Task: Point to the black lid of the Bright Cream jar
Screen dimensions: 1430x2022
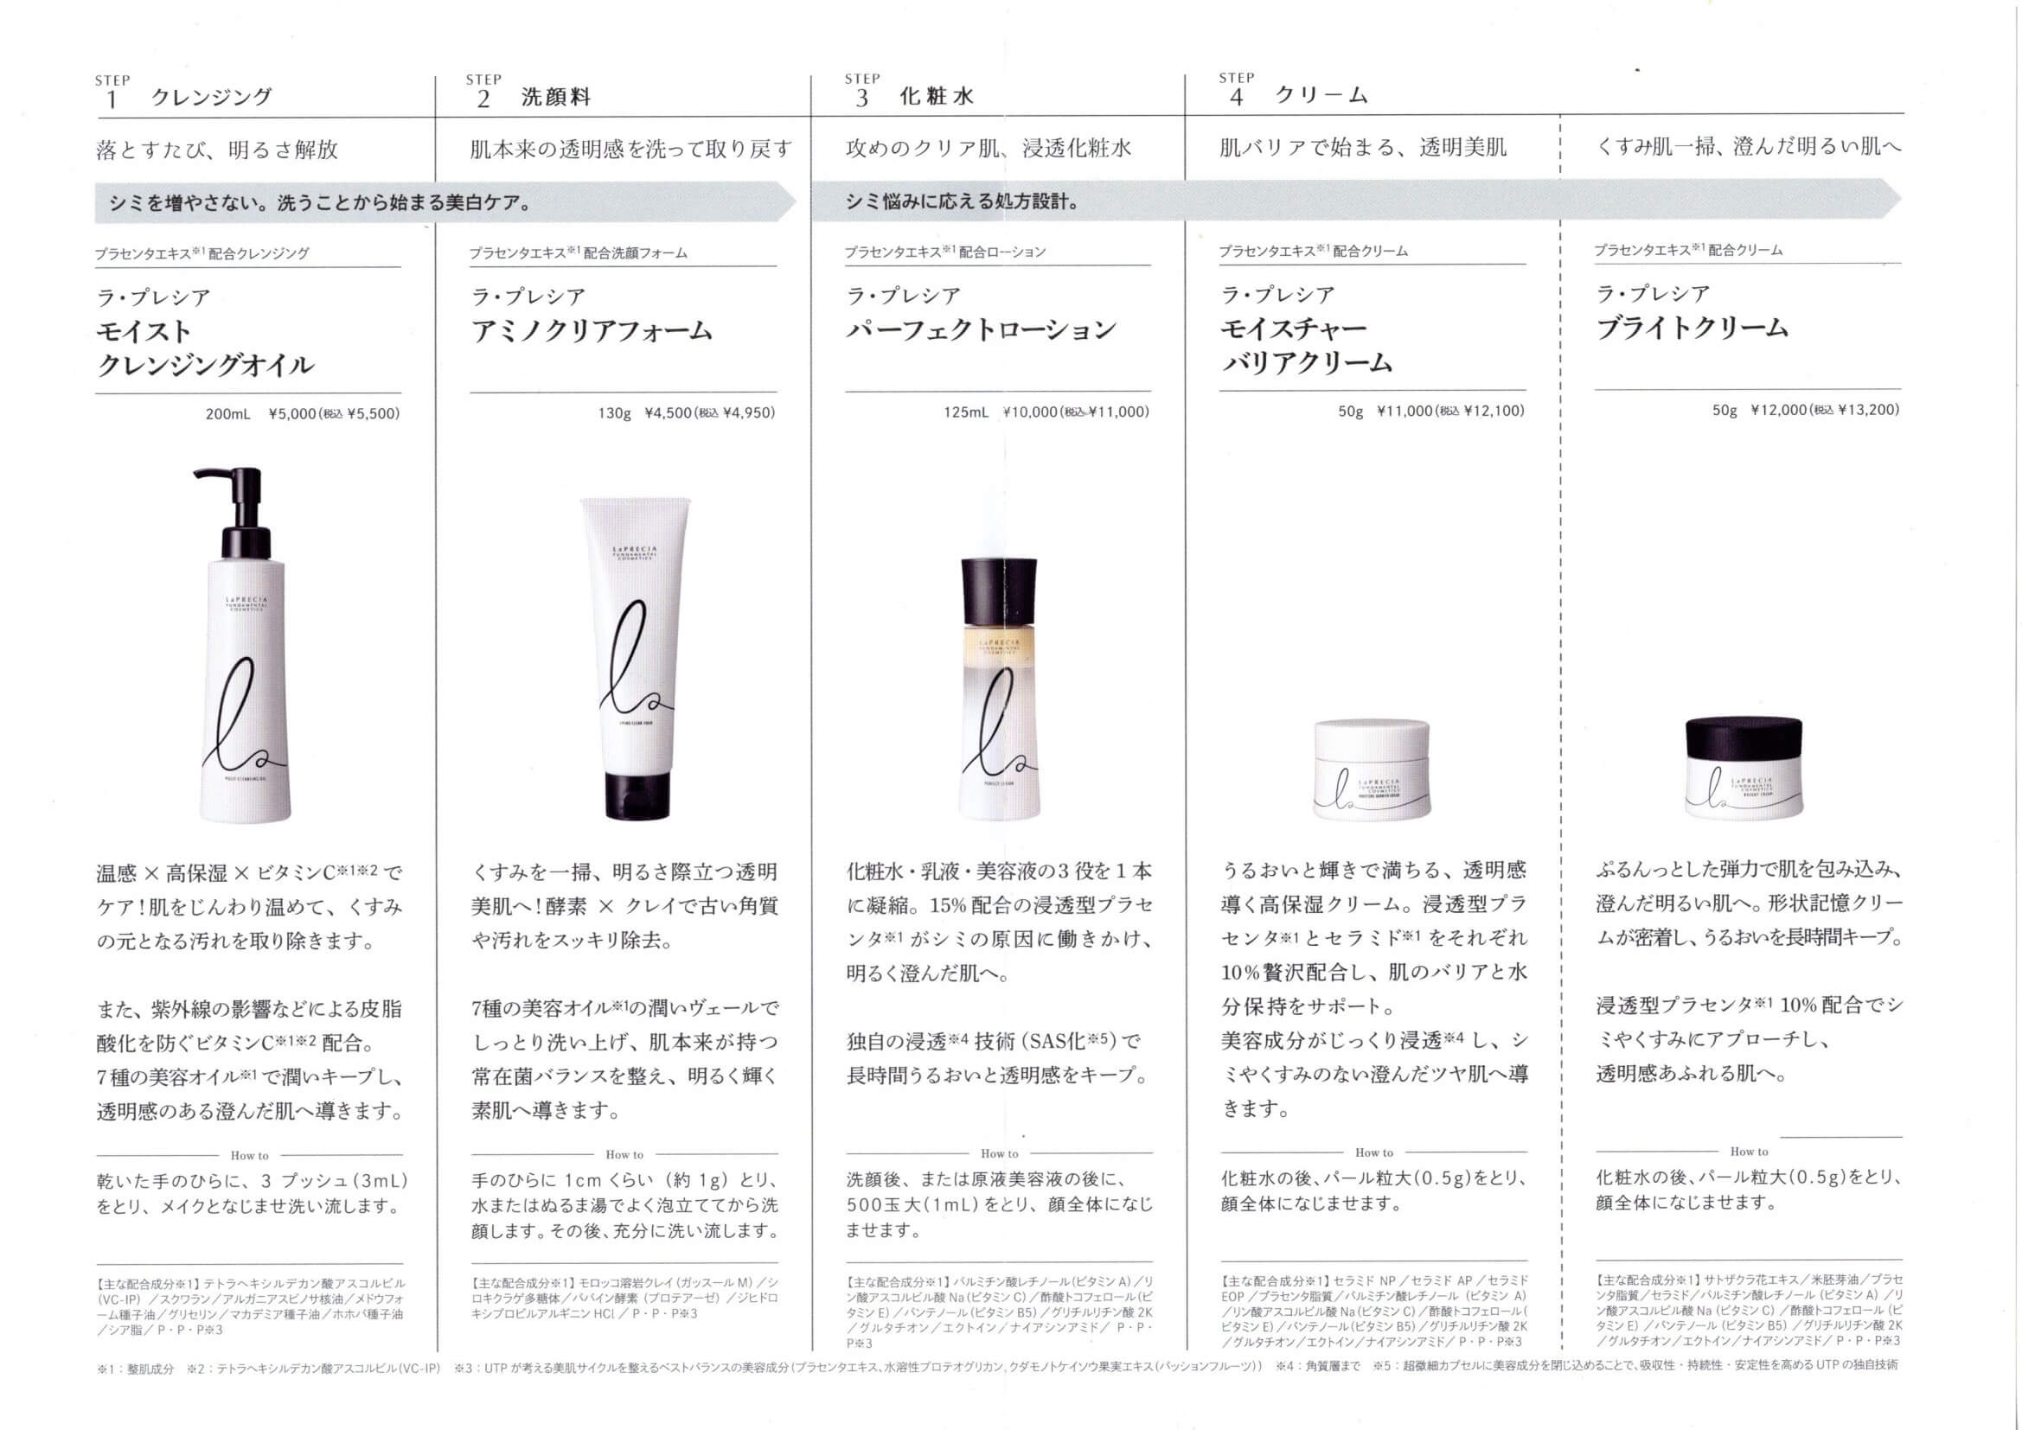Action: (1744, 742)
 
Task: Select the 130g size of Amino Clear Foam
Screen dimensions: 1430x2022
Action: (615, 412)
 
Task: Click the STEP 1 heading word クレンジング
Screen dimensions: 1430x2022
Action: (211, 97)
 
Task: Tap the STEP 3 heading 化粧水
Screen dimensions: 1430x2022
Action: (936, 96)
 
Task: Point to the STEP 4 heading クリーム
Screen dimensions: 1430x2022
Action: (1321, 95)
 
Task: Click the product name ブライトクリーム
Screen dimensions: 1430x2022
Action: (1692, 328)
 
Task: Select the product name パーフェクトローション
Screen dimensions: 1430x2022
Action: (981, 329)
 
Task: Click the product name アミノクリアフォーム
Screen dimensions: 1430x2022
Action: (592, 330)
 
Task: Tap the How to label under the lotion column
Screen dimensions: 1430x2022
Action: (1000, 1153)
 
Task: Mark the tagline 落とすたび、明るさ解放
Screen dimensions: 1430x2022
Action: (216, 150)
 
